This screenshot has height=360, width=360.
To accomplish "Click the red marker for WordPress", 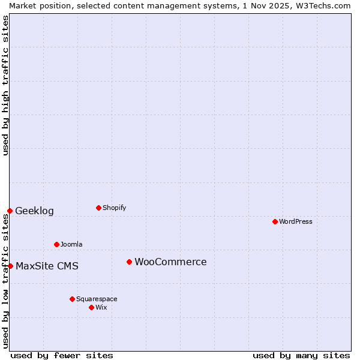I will (275, 221).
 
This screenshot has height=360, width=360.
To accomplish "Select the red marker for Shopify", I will (98, 208).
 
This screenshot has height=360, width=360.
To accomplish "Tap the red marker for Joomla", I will (56, 244).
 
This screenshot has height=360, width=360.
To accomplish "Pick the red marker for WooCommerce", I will (129, 262).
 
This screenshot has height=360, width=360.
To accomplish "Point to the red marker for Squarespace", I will (72, 299).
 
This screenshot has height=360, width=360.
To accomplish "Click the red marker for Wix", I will (91, 307).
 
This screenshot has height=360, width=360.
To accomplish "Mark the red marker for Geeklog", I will (10, 211).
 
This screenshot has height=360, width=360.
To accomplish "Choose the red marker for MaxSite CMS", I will (10, 266).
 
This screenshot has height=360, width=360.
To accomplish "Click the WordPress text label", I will (296, 221).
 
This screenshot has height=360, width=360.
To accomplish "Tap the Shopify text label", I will (114, 208).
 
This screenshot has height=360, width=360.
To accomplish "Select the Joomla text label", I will (71, 244).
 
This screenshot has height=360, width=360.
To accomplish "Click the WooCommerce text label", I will (170, 262).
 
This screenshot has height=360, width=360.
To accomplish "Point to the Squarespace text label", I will (97, 299).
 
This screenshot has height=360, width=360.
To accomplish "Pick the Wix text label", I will (101, 307).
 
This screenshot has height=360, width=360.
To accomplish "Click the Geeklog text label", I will (34, 211).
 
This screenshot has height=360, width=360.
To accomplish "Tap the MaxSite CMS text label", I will (47, 266).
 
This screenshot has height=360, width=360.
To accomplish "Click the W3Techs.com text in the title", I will (323, 5).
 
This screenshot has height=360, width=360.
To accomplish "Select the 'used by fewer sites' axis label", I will (62, 355).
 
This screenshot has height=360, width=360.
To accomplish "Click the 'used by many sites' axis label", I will (301, 355).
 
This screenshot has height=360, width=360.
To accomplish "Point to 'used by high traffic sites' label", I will (5, 85).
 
